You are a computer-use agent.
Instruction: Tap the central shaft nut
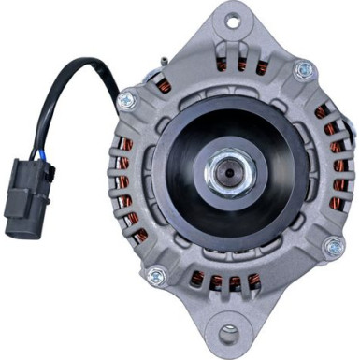227,172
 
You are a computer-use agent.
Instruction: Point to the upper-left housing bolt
126,99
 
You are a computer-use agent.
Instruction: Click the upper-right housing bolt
302,70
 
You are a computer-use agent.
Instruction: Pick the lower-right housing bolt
333,246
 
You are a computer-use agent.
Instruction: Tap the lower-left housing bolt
157,276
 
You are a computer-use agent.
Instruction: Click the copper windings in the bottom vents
224,281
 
